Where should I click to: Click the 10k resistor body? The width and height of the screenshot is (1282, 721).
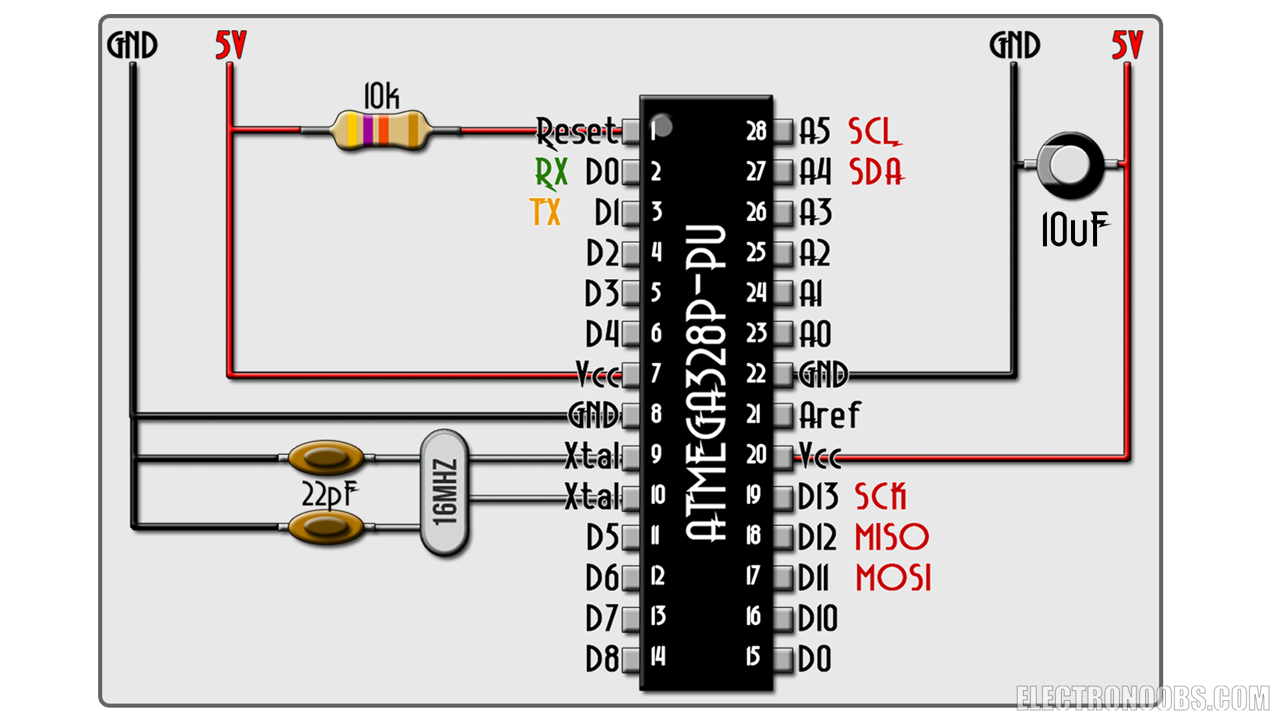coord(381,130)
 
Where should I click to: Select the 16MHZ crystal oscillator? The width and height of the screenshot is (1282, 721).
coord(445,493)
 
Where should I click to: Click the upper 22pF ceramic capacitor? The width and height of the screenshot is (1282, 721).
coord(326,458)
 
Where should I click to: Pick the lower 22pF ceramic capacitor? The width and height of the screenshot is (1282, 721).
coord(326,527)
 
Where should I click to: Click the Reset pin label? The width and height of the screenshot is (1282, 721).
coord(578,132)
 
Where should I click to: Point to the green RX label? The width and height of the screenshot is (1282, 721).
coord(552,173)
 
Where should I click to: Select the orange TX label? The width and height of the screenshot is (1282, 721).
coord(546,212)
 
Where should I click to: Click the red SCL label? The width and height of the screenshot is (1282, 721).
coord(875,132)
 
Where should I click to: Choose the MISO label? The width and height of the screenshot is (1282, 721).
coord(892,537)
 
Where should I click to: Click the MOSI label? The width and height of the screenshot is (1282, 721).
coord(893,577)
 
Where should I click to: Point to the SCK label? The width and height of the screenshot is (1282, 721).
coord(881,497)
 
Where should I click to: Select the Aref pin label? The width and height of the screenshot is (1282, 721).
coord(831,415)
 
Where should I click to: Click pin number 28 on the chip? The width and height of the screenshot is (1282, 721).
coord(757,132)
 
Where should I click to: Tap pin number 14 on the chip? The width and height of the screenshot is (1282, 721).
coord(658,656)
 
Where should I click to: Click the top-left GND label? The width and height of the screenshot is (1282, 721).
coord(132,45)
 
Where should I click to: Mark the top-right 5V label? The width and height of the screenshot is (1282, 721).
coord(1127,45)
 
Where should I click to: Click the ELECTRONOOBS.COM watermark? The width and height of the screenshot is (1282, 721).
coord(1142,698)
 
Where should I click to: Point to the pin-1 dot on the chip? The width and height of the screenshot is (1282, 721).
coord(662,125)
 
